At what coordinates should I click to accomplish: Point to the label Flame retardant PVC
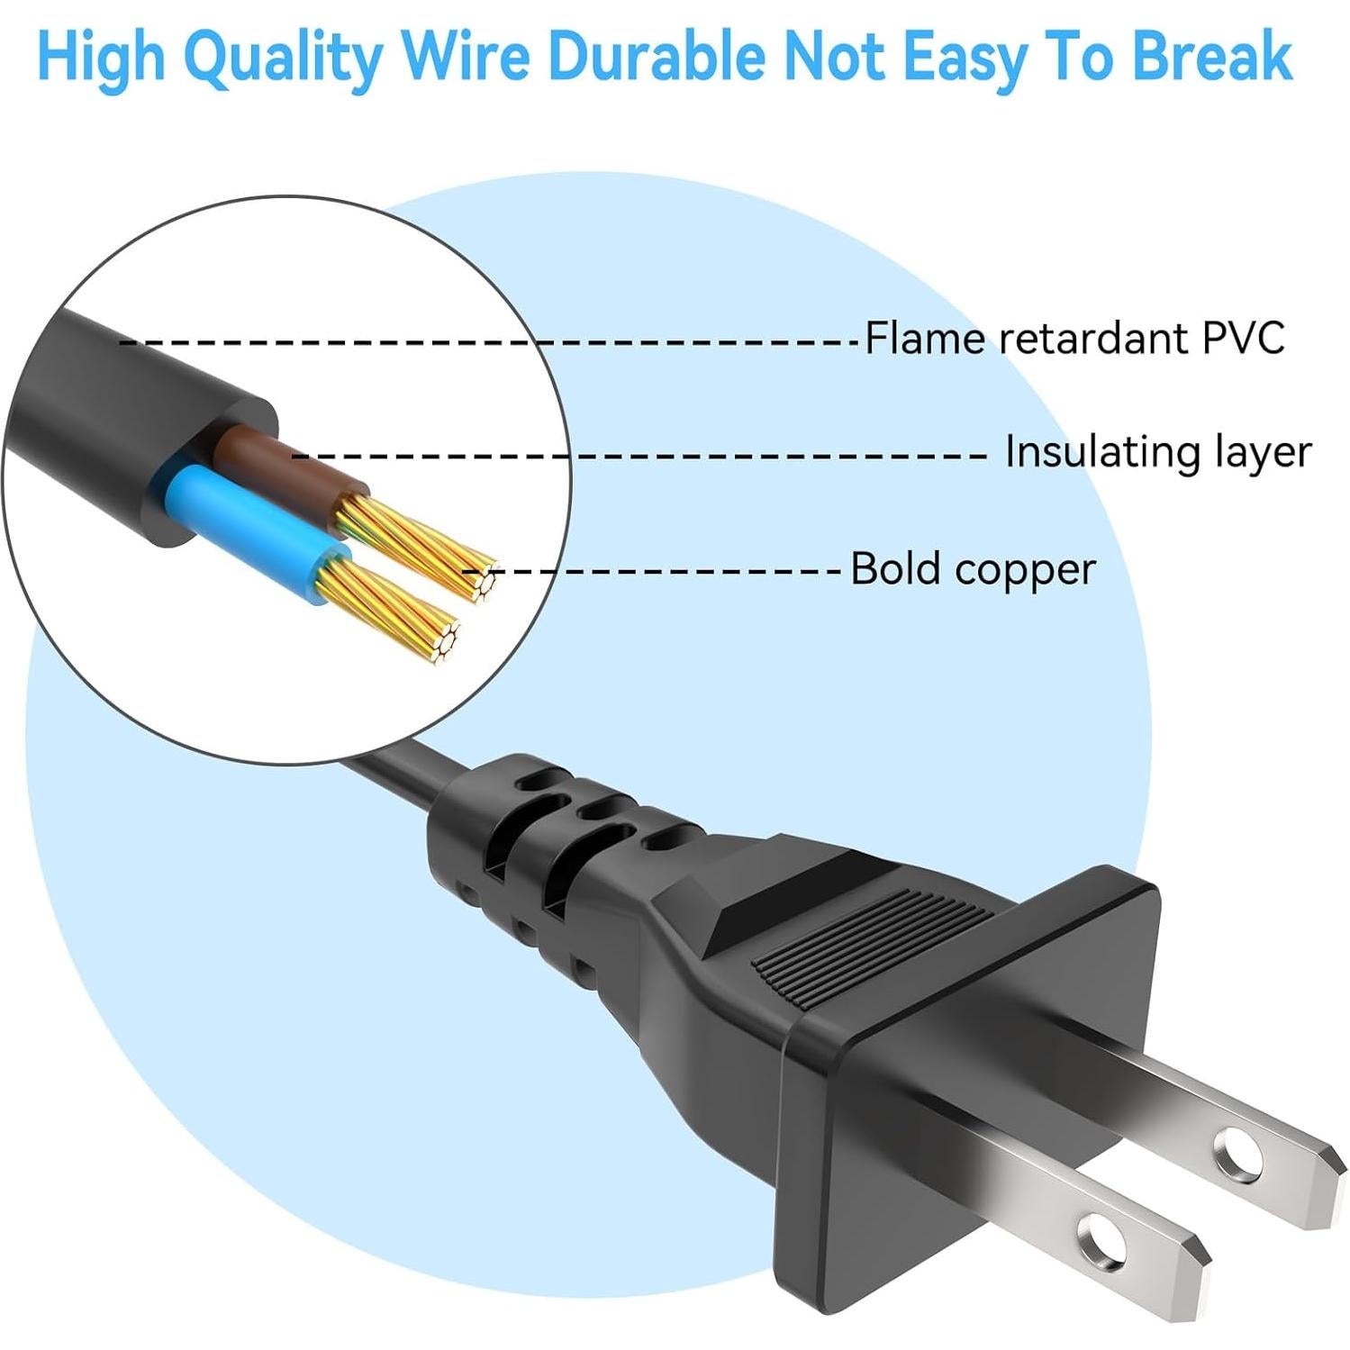coord(1074,339)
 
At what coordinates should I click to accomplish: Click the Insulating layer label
coord(1158,451)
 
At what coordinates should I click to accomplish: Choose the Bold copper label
coord(973,569)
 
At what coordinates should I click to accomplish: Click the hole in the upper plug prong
coord(1239,1152)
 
